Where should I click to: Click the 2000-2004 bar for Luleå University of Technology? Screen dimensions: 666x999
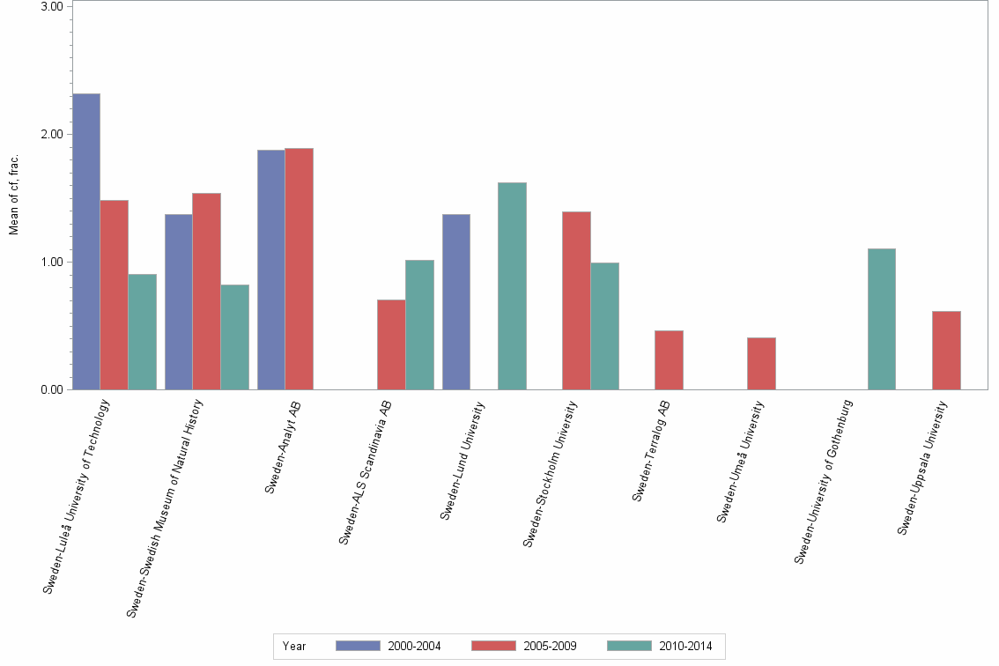coord(86,241)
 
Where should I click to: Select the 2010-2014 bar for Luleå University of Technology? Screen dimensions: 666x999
coord(142,332)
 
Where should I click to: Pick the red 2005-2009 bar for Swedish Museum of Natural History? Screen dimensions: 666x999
coord(206,292)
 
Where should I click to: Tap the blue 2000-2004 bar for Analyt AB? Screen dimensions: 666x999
coord(270,270)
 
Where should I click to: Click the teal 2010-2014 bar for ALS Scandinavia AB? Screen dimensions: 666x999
coord(419,325)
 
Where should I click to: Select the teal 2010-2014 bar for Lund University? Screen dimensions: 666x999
coord(512,286)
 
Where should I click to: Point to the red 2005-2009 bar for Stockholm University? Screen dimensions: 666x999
coord(576,300)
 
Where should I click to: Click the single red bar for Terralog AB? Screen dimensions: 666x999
coord(669,360)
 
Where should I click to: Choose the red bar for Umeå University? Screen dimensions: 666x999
coord(761,364)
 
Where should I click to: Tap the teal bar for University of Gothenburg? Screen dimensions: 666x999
coord(881,319)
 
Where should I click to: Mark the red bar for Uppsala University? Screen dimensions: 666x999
coord(946,351)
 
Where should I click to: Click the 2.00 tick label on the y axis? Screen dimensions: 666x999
coord(52,134)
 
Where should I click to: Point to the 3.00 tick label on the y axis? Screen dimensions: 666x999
coord(52,6)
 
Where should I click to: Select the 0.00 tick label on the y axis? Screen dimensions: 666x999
coord(52,389)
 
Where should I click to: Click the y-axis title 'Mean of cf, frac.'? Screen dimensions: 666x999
coord(14,194)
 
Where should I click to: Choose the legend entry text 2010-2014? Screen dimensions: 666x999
coord(686,647)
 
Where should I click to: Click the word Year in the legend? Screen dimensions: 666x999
coord(294,647)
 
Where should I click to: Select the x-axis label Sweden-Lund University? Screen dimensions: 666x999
coord(462,460)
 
